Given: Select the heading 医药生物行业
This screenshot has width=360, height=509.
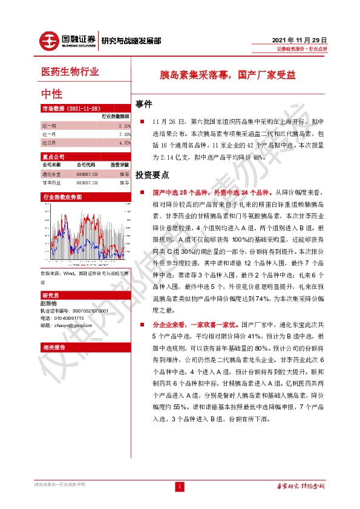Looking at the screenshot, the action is pos(70,73).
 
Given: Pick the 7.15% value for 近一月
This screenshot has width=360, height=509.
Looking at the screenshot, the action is pos(123,134).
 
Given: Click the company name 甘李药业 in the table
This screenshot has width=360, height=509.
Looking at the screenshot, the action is pos(51,182).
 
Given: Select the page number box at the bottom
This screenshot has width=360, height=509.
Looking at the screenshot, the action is pos(180,487).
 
